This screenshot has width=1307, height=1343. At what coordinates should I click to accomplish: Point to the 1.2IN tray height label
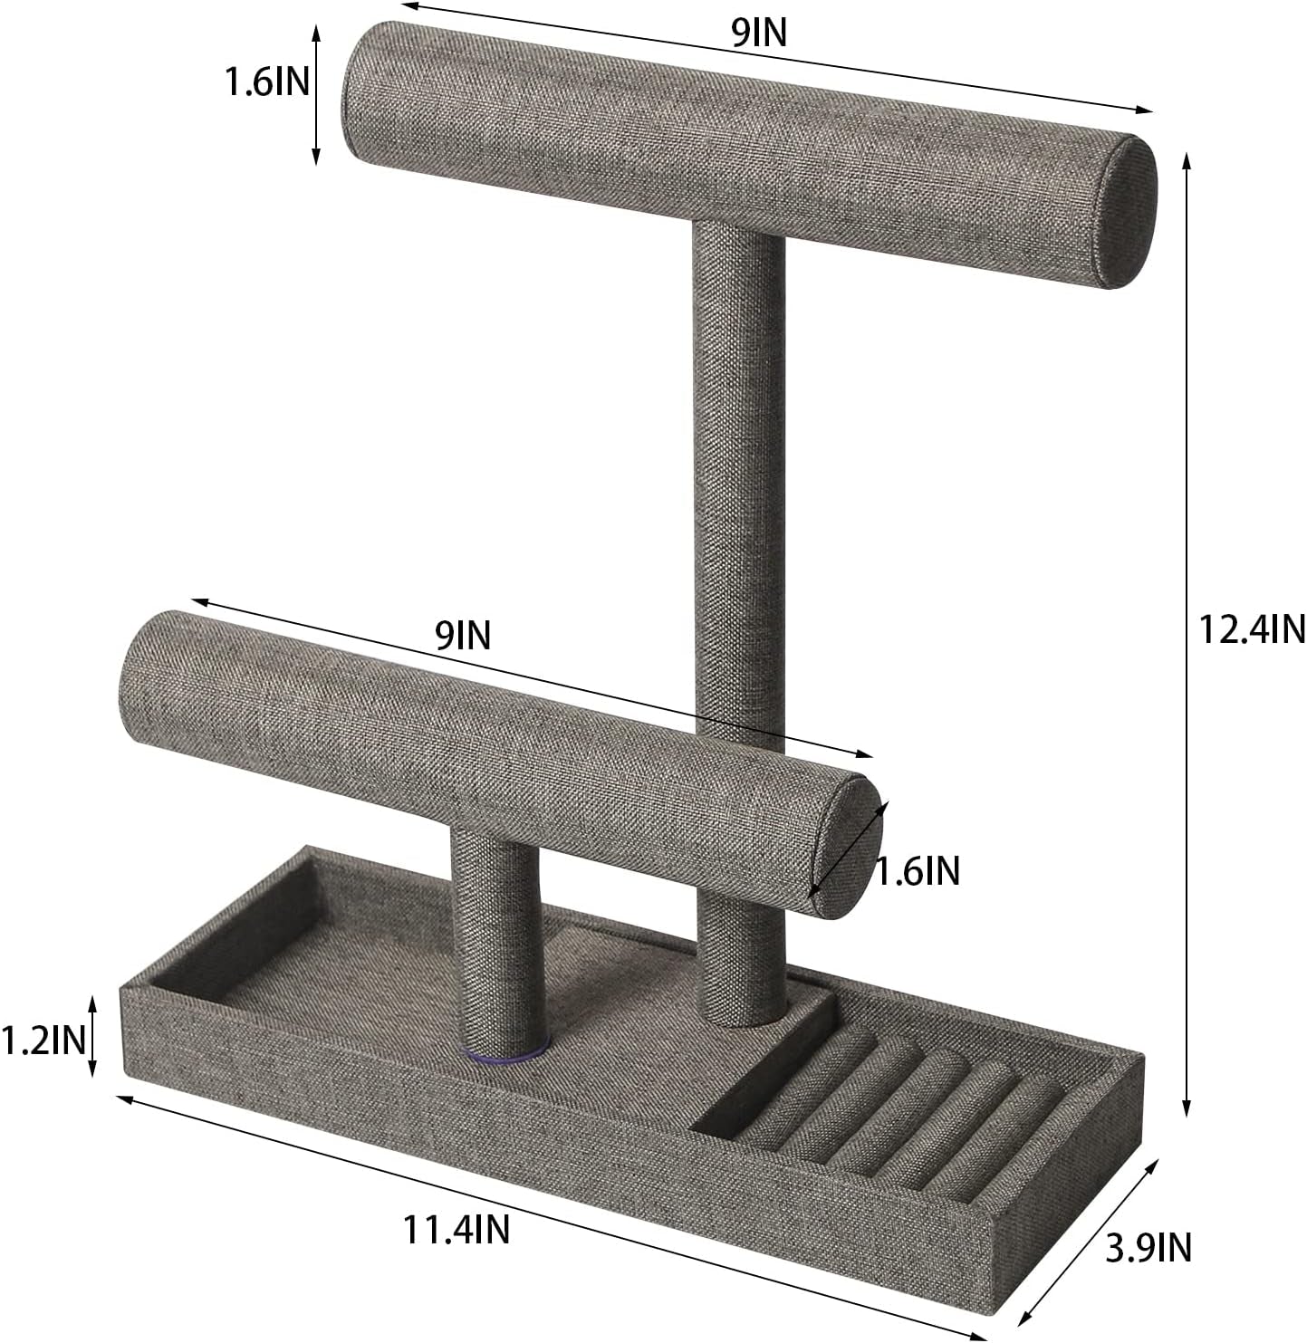pos(43,1041)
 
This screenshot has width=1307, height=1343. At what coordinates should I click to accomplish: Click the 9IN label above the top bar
pos(759,34)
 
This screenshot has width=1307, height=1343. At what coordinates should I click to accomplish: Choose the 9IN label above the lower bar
pos(462,637)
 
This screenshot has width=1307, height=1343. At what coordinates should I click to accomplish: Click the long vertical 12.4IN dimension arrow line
pos(1187,634)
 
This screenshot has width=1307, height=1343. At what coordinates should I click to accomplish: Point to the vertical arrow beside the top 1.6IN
pos(315,95)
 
